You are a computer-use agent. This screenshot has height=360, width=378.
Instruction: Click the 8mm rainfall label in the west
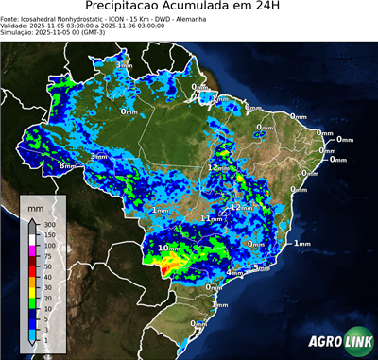click(x=67, y=166)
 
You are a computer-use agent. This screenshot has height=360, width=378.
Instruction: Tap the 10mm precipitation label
click(x=169, y=248)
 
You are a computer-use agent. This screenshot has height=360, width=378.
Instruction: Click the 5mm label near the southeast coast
click(x=262, y=268)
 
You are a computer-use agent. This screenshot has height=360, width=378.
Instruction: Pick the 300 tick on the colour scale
click(x=47, y=225)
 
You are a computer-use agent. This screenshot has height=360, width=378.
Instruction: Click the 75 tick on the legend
click(x=47, y=256)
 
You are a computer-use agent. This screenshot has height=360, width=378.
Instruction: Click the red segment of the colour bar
click(x=31, y=271)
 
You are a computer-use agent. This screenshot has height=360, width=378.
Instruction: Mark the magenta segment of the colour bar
click(x=31, y=250)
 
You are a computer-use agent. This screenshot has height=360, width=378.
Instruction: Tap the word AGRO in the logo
click(x=323, y=343)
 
